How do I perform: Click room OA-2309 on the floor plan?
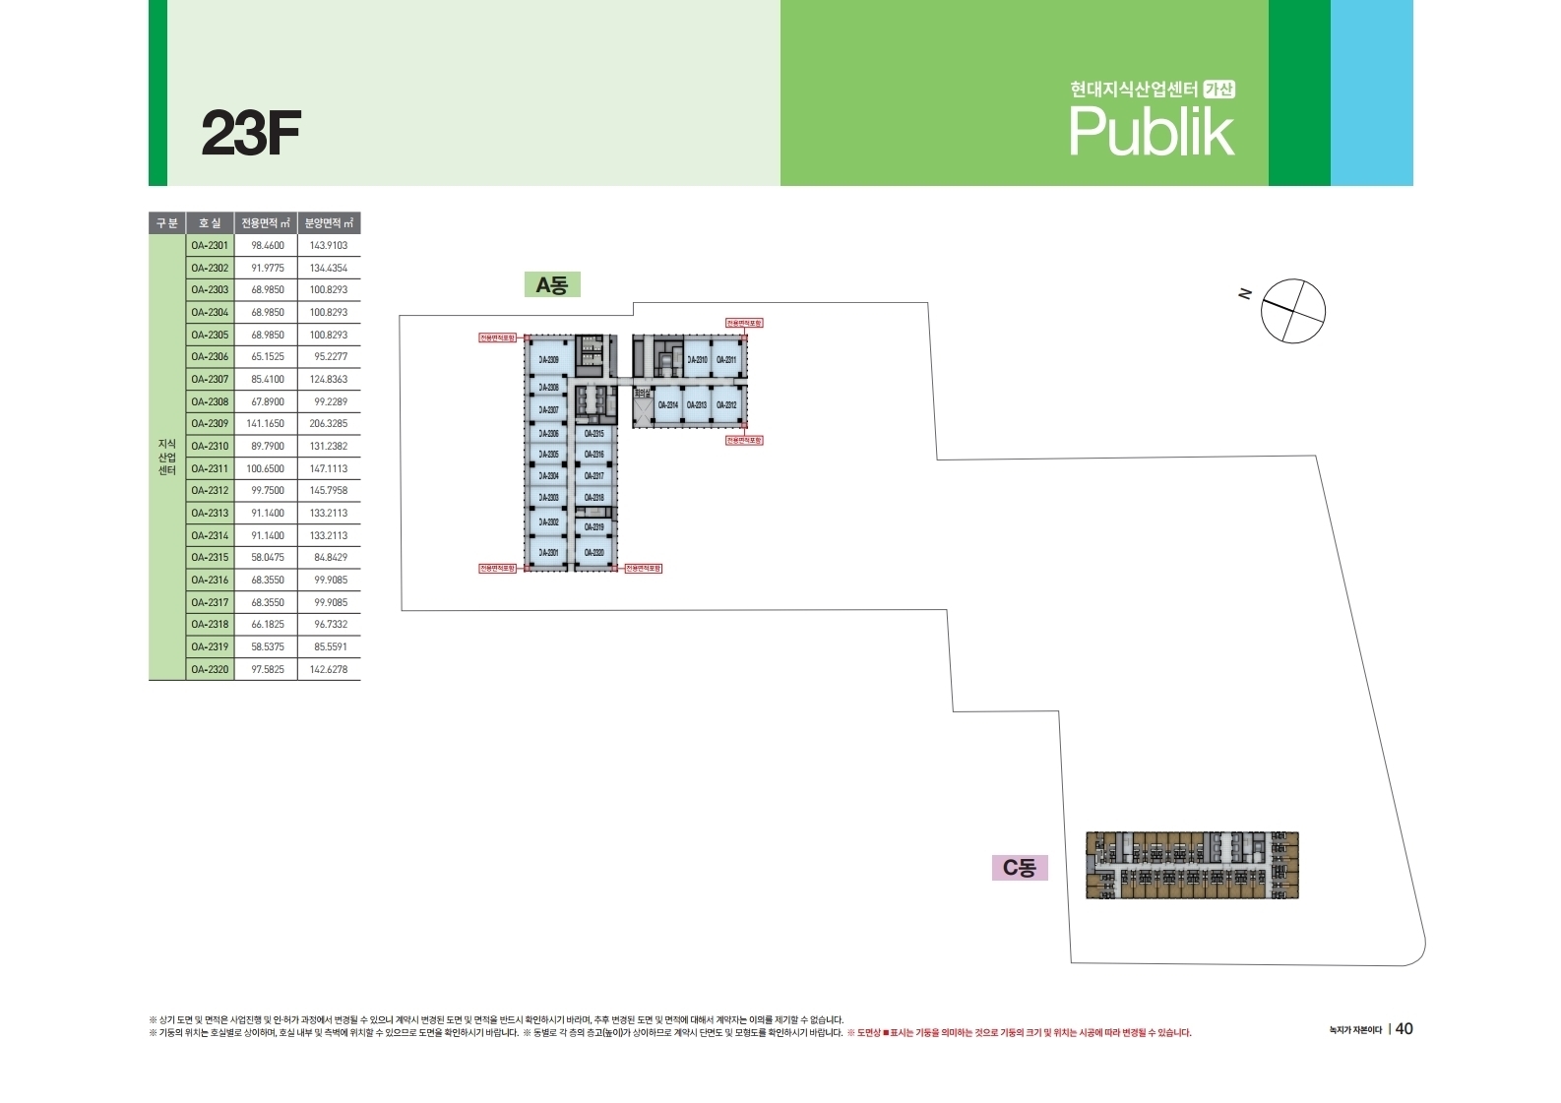548,360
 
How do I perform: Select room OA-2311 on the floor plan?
726,360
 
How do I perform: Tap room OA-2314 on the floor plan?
667,405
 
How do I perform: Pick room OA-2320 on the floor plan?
593,553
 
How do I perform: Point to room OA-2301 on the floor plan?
548,553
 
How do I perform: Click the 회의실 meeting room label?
642,394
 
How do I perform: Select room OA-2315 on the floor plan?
593,434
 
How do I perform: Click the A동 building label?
551,285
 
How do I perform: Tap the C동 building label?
1019,868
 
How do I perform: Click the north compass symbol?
1292,311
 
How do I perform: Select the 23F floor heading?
250,134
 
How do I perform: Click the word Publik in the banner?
1151,132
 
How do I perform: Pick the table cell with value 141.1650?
266,424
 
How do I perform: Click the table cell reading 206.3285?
329,424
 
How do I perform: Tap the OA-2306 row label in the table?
210,357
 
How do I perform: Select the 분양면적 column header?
329,223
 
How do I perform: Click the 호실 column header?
210,223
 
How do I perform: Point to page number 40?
1404,1028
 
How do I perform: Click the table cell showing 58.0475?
266,558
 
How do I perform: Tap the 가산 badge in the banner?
1219,90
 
